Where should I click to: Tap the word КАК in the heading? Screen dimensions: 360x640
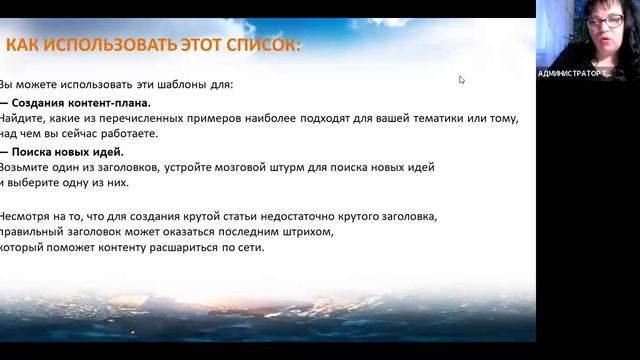coord(25,45)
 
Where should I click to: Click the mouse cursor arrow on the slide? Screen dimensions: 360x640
coord(461,80)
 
